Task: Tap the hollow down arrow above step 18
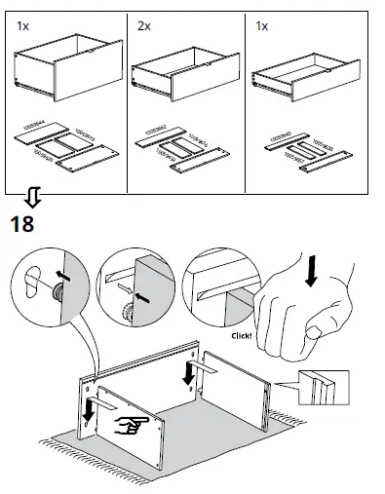click(x=33, y=200)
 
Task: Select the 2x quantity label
click(x=144, y=25)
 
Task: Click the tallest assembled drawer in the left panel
click(x=63, y=73)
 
